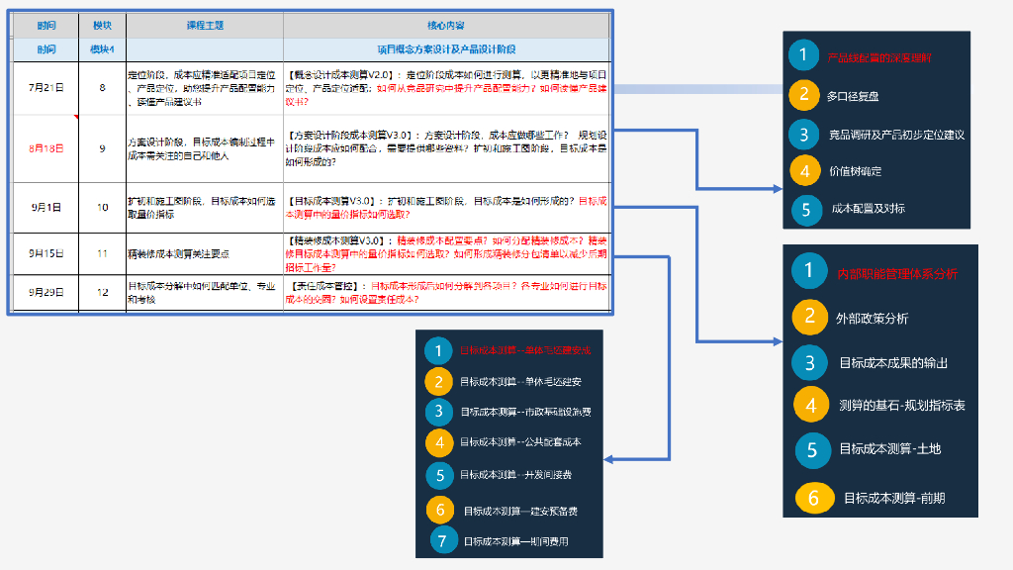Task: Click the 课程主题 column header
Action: click(x=205, y=25)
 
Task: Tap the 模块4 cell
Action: click(x=102, y=48)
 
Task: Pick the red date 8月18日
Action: click(x=46, y=148)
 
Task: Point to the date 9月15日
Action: click(x=46, y=253)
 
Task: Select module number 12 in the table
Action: click(x=102, y=292)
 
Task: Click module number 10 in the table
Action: click(x=102, y=208)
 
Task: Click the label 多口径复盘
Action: click(x=853, y=96)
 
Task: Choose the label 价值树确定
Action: click(x=855, y=171)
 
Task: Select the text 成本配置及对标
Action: click(x=868, y=209)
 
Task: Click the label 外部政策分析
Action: click(x=872, y=319)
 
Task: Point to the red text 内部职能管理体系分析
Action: click(x=896, y=274)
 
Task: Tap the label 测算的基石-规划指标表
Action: click(x=901, y=406)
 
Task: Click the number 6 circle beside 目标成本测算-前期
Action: click(x=813, y=498)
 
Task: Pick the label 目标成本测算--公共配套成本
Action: click(x=520, y=441)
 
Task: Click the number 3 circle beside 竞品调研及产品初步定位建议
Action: click(x=804, y=134)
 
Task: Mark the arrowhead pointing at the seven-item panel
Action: click(x=607, y=459)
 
